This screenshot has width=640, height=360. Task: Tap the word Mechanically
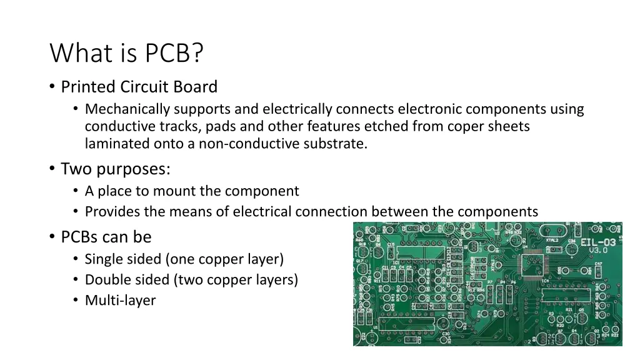pyautogui.click(x=127, y=109)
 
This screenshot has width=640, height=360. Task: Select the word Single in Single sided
pyautogui.click(x=104, y=259)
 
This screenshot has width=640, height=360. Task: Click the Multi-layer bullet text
pyautogui.click(x=120, y=301)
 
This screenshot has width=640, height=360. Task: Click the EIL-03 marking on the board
pyautogui.click(x=597, y=242)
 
